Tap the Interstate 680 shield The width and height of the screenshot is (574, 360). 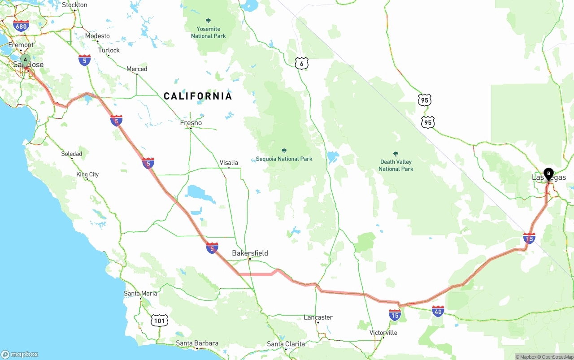pos(21,26)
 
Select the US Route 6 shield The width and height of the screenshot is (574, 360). pos(301,64)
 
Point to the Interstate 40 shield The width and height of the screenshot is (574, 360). pos(438,311)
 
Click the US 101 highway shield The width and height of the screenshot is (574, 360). pos(160,320)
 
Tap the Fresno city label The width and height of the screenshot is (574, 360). pos(191,123)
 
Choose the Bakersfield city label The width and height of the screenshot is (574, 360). pos(250,253)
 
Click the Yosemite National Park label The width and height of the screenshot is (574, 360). pos(208,32)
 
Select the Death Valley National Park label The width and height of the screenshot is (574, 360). pos(396,165)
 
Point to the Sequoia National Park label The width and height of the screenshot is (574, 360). pos(284,159)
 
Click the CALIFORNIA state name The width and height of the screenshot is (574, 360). pos(198,96)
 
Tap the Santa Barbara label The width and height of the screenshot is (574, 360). pos(197,343)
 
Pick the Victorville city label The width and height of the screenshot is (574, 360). pos(383,333)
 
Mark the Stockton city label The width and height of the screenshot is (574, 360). pos(74,5)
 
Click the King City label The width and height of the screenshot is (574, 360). pos(87,174)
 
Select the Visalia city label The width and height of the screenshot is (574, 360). pos(229,163)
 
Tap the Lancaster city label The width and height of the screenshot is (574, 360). pos(318,317)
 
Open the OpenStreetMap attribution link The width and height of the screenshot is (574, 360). pos(557,357)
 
